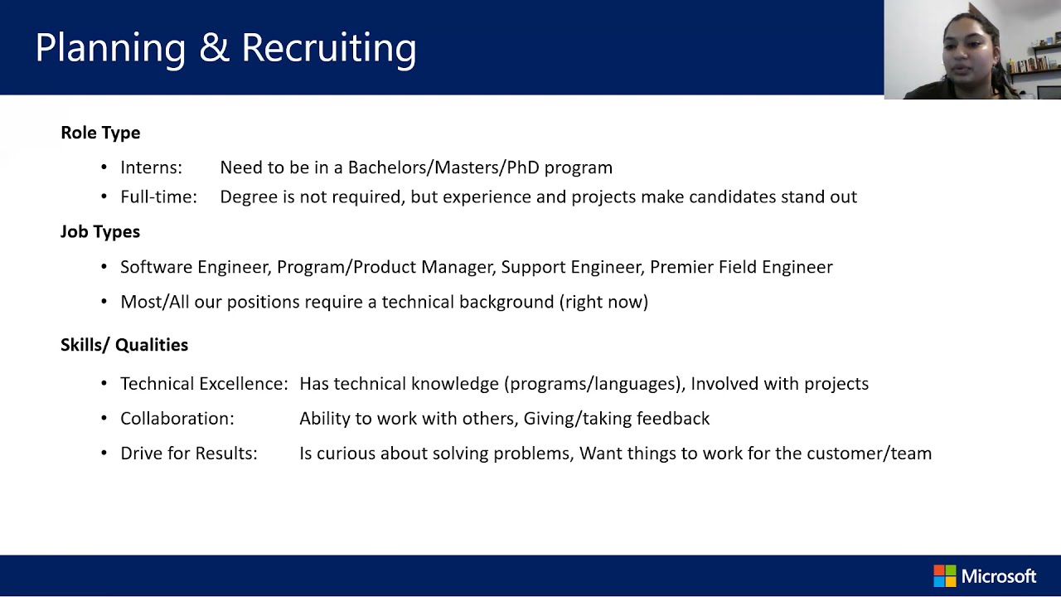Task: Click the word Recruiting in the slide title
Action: [x=329, y=48]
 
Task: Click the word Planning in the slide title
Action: [x=110, y=48]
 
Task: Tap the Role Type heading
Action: [x=100, y=133]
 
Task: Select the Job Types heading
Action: [x=100, y=231]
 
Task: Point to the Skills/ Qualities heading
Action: [x=124, y=345]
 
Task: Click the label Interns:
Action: [x=151, y=167]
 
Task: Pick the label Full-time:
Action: [x=158, y=197]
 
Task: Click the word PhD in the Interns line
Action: [x=523, y=167]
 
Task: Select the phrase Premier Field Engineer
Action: [x=741, y=267]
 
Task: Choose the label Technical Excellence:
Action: [x=204, y=384]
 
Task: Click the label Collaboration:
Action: [x=177, y=419]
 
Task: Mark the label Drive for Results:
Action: [x=189, y=454]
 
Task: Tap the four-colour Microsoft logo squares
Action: [x=944, y=576]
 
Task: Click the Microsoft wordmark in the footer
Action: [x=999, y=576]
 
